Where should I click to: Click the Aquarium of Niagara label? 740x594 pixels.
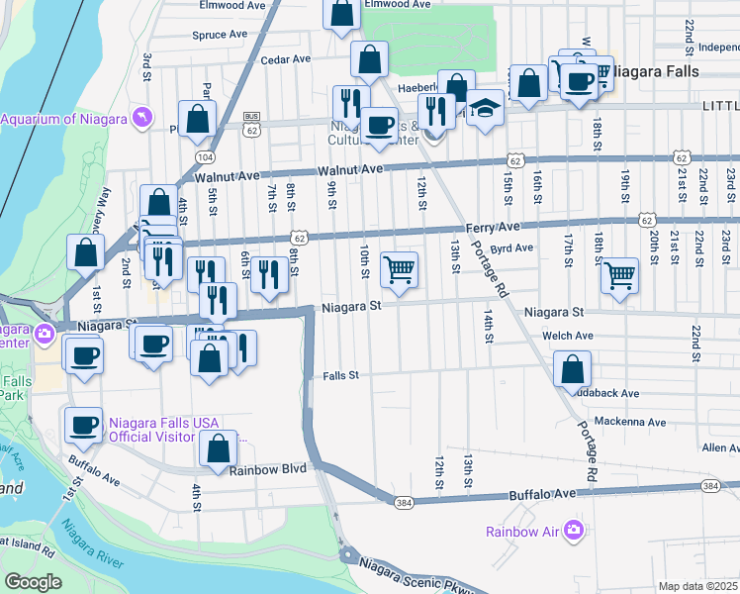63,120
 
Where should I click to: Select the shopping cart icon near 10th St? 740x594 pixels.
399,268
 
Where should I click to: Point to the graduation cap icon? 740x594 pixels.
485,107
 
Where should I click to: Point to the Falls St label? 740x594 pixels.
340,376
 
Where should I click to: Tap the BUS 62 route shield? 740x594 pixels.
252,123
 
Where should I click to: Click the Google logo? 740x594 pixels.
33,582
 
